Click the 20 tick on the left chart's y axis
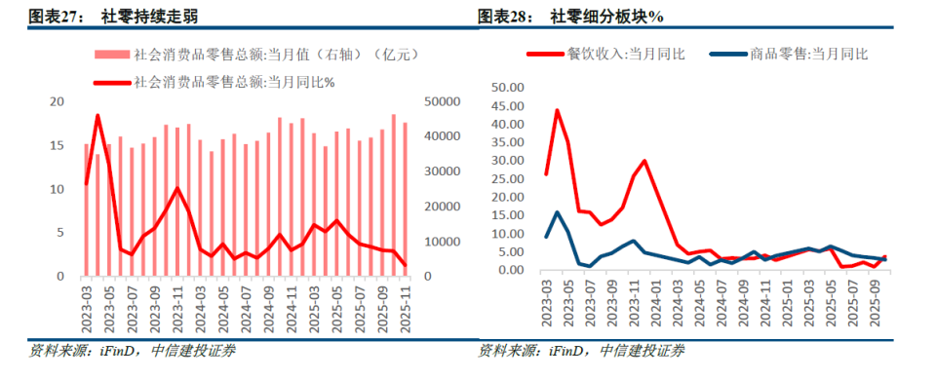pyautogui.click(x=57, y=101)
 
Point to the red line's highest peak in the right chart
pyautogui.click(x=558, y=110)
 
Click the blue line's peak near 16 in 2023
pyautogui.click(x=558, y=211)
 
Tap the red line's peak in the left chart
pyautogui.click(x=97, y=115)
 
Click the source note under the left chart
pyautogui.click(x=131, y=351)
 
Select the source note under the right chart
pyautogui.click(x=581, y=351)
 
